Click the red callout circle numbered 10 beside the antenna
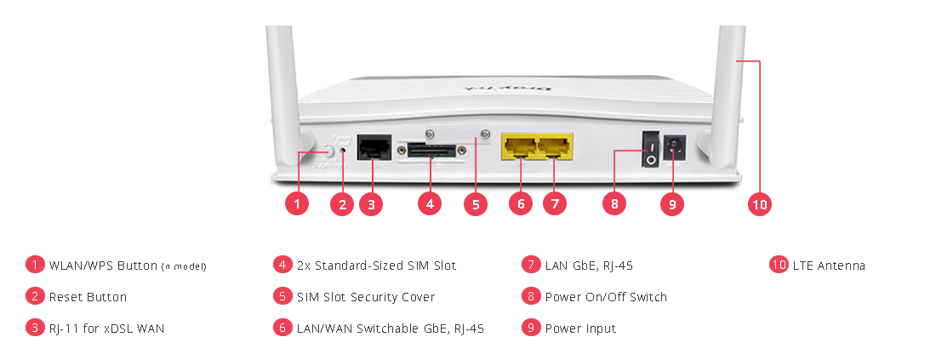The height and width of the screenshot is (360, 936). pos(759,204)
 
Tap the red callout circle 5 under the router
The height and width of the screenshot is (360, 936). pos(475,204)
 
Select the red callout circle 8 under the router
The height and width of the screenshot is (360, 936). pos(614,204)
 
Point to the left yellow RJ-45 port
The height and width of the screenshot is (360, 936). pos(519,146)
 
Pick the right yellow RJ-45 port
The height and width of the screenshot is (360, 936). pos(554,146)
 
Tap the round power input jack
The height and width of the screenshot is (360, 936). pos(674,151)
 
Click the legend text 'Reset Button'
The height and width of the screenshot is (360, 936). pos(88,297)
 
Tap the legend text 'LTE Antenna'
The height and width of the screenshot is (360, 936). pos(829,266)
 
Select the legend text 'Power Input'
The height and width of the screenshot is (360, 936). pos(580,329)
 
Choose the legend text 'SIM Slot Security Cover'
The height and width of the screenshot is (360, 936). pos(366,297)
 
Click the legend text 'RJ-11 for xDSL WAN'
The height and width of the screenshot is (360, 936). pos(106,329)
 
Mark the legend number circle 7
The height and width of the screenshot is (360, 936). pos(531,265)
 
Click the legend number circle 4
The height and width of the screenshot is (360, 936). pos(283,265)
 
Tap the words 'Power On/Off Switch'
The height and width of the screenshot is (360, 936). pos(606,297)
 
